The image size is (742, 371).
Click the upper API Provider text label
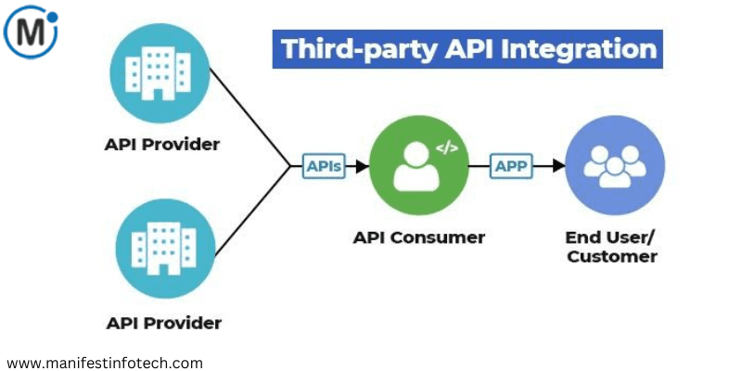point(162,145)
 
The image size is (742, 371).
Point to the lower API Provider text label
point(163,324)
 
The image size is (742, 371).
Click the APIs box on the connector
point(324,167)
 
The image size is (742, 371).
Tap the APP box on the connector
point(509,166)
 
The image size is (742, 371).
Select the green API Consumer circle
point(418,167)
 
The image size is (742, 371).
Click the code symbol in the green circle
point(446,148)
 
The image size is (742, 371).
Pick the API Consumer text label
point(418,237)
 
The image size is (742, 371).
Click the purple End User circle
point(615,165)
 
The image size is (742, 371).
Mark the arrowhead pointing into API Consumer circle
point(363,167)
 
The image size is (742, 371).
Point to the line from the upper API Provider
point(250,116)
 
